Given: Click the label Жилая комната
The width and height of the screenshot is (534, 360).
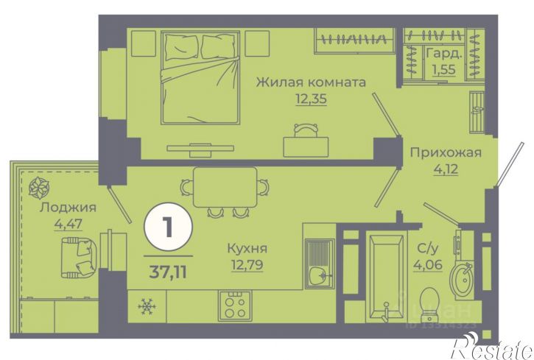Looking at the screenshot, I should pos(311,82).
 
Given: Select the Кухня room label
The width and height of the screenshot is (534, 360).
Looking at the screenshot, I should pos(247,248).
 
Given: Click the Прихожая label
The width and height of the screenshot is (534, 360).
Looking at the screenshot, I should pos(445,153).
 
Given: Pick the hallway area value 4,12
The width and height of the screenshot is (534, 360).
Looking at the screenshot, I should pos(445,169).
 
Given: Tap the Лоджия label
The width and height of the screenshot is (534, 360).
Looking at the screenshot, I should pos(68,208).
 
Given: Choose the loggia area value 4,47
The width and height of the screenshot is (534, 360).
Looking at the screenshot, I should pos(68,223).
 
